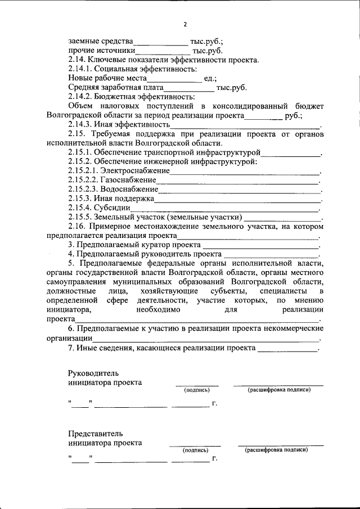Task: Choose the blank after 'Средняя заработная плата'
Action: coord(189,88)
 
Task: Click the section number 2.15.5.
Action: coord(82,217)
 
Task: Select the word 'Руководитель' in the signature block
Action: coord(93,373)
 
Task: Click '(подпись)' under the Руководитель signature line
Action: coord(197,390)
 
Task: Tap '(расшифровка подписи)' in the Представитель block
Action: coord(280,450)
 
